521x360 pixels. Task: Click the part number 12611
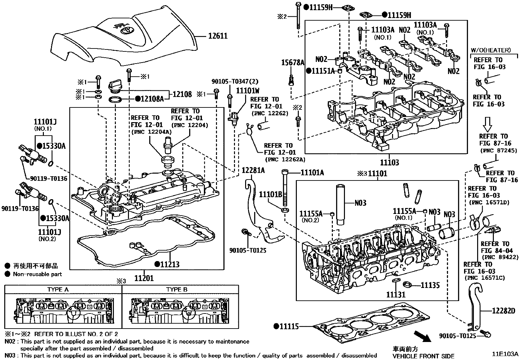click(218, 36)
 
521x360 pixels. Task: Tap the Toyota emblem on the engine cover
click(125, 30)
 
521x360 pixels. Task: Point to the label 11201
click(144, 278)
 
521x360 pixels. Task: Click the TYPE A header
click(58, 290)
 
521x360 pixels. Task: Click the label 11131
click(396, 294)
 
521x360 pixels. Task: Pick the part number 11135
click(430, 285)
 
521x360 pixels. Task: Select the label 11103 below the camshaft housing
click(389, 162)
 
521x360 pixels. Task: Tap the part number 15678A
click(293, 62)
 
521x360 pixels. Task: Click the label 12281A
click(253, 170)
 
